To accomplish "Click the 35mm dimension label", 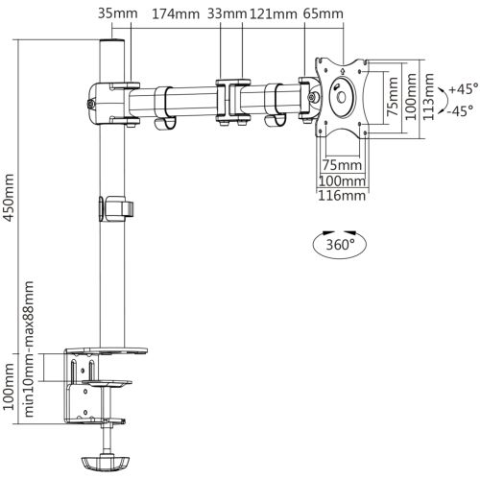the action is click(x=118, y=13).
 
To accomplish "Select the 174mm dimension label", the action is click(x=176, y=14).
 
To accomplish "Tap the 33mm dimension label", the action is click(x=227, y=13).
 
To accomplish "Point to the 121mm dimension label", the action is click(x=273, y=14).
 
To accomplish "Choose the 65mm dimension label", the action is click(x=324, y=13).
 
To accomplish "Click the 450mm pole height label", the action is click(x=9, y=197).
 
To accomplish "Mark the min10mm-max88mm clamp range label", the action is click(x=29, y=348).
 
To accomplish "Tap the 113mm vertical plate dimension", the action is click(x=429, y=97).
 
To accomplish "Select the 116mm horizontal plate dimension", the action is click(x=342, y=196).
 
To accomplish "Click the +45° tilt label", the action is click(x=463, y=88).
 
